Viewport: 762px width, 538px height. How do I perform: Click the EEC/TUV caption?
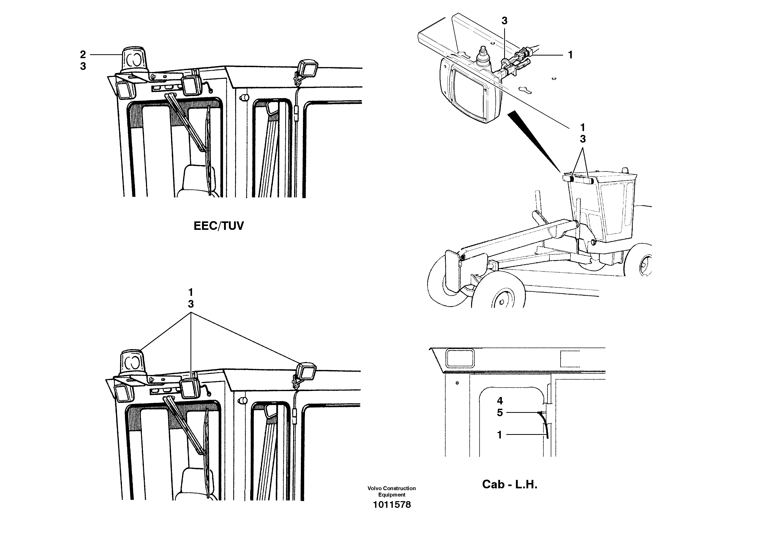[218, 226]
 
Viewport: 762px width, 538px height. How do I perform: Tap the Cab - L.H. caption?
[510, 485]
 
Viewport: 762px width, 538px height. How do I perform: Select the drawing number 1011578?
[391, 505]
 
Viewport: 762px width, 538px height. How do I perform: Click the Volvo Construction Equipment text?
[391, 491]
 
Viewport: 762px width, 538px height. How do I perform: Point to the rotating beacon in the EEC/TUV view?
[134, 61]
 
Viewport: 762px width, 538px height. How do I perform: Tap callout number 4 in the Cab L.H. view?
[500, 401]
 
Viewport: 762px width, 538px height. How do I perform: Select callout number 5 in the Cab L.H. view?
[500, 413]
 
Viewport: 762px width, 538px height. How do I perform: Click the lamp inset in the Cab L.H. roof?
[460, 358]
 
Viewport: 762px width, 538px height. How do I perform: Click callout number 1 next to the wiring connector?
[570, 55]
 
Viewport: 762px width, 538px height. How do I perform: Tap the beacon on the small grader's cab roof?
[625, 170]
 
